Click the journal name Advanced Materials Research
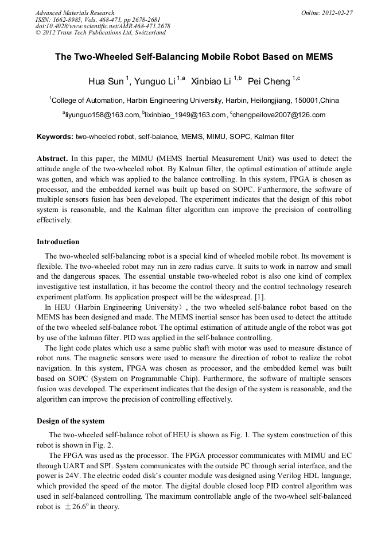pos(75,13)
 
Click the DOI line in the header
pos(103,26)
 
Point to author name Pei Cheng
pos(269,80)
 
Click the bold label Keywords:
pos(55,137)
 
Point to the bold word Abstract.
pos(52,158)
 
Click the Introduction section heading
pos(58,242)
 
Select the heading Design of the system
pos(71,421)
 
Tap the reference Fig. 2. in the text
pos(104,445)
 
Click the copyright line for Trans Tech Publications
pos(100,33)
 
